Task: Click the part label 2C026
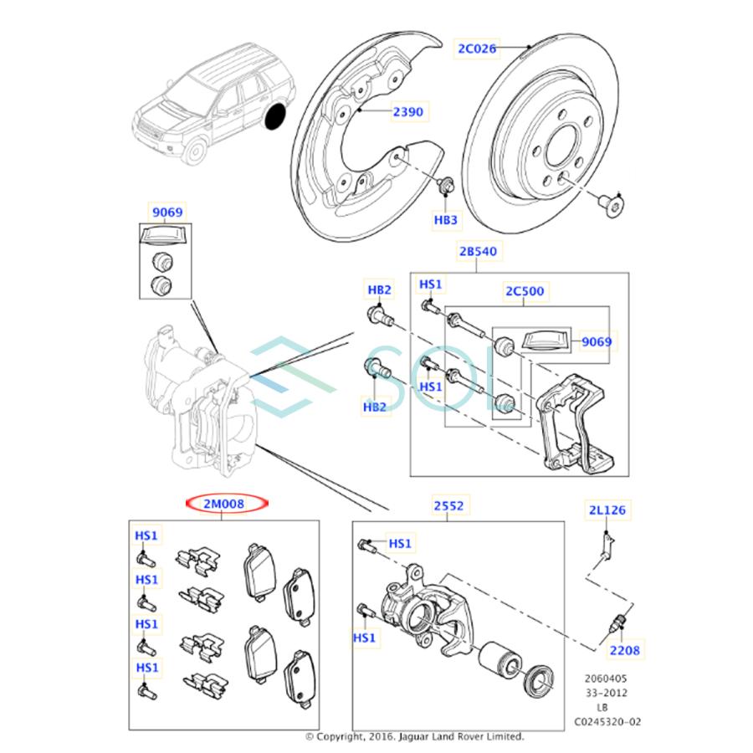tap(476, 49)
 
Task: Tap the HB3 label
tap(445, 220)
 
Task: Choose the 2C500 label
tap(524, 291)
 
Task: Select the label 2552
tap(448, 506)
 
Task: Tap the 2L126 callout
tap(605, 510)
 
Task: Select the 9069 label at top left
tap(166, 213)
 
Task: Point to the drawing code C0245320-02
tap(607, 721)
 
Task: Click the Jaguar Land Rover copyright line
tap(414, 737)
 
